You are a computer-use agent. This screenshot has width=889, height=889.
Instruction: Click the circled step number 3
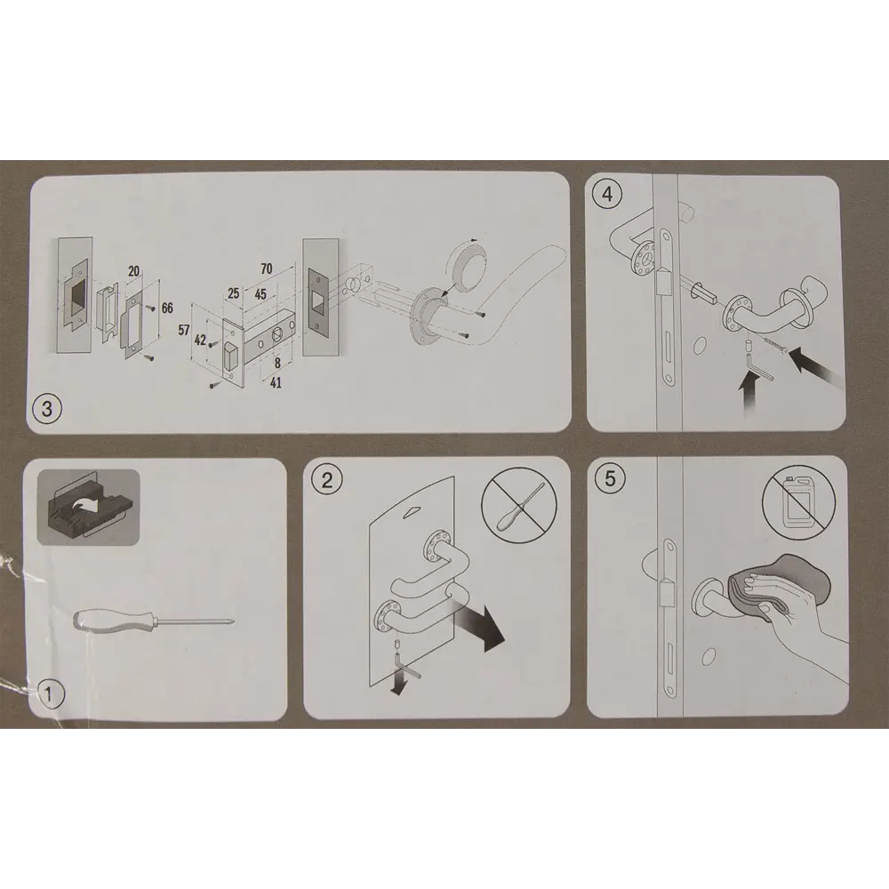click(x=47, y=409)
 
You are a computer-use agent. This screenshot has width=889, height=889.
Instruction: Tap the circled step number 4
click(x=607, y=195)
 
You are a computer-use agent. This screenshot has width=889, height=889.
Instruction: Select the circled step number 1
click(x=48, y=694)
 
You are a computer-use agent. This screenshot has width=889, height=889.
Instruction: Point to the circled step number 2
click(x=327, y=481)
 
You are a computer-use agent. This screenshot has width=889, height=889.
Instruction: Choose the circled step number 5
click(x=610, y=478)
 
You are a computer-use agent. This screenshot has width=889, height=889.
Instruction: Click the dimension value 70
click(x=267, y=268)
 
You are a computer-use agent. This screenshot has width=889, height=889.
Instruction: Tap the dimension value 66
click(x=167, y=308)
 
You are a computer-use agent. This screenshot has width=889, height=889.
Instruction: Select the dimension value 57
click(x=184, y=330)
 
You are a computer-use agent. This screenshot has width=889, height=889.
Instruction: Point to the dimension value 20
click(x=134, y=271)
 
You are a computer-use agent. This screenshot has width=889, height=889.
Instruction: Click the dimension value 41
click(x=276, y=383)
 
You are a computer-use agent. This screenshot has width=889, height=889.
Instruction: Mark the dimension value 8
click(x=277, y=363)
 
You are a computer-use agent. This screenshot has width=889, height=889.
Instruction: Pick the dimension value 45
click(x=260, y=295)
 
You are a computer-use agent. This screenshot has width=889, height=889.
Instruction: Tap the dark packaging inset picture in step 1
click(x=88, y=508)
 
